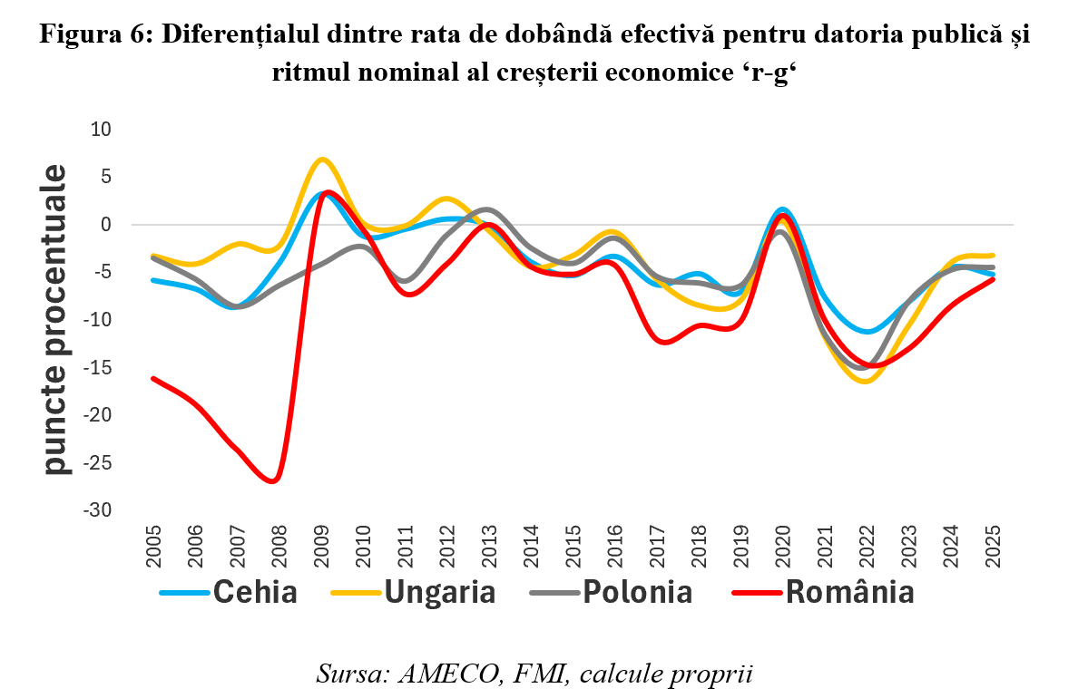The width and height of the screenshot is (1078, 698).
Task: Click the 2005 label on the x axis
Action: click(x=152, y=546)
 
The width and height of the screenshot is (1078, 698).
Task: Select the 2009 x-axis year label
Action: click(x=321, y=546)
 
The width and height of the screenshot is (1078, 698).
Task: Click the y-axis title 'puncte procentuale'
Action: click(x=56, y=319)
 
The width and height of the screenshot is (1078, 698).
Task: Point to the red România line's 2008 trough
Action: click(x=273, y=480)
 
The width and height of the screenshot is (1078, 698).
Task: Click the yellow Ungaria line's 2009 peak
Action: click(x=322, y=160)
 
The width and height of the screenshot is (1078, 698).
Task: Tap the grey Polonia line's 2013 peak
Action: click(x=486, y=209)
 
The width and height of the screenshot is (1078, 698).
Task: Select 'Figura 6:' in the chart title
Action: click(x=88, y=34)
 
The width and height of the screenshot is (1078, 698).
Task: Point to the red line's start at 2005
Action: click(x=152, y=378)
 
